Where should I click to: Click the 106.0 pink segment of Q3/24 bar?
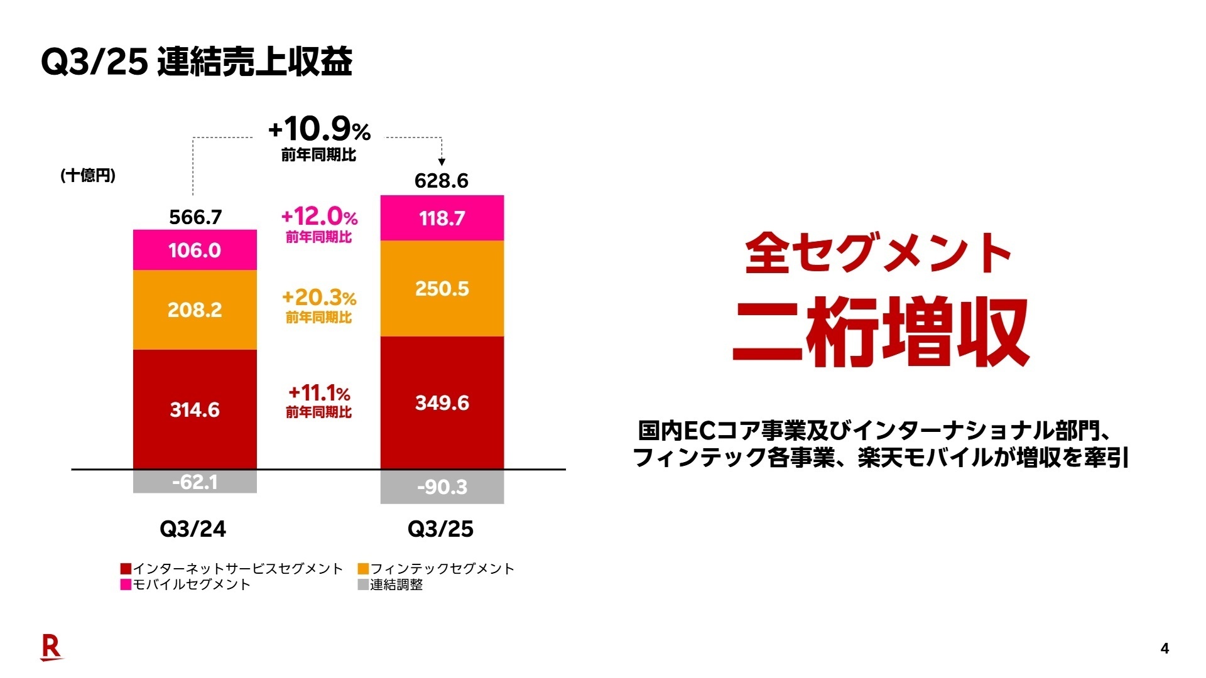(x=195, y=250)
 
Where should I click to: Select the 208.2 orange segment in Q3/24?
(x=195, y=309)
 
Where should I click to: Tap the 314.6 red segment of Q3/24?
(x=195, y=409)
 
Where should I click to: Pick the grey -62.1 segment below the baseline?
(x=195, y=482)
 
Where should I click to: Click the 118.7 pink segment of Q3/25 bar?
(x=442, y=218)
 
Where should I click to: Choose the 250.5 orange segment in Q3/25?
(x=442, y=289)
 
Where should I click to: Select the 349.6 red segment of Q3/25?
(x=442, y=402)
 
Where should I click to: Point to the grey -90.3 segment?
(x=442, y=487)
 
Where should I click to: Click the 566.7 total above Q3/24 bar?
(x=195, y=217)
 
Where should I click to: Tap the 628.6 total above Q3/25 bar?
(x=442, y=181)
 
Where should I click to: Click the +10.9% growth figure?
(x=319, y=129)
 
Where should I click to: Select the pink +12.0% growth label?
(x=319, y=217)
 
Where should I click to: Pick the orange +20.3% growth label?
(x=319, y=297)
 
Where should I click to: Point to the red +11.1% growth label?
(x=319, y=393)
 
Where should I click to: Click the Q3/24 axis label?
(x=193, y=529)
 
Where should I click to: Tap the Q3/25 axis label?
(x=440, y=529)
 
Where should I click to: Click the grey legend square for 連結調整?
(x=363, y=584)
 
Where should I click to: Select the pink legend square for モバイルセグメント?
(x=126, y=584)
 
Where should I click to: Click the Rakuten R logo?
(x=51, y=647)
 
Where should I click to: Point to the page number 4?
(x=1165, y=648)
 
